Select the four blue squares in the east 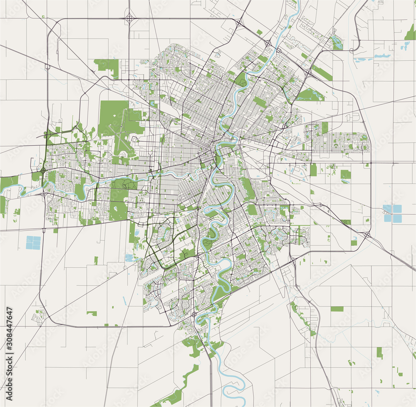(x=393, y=213)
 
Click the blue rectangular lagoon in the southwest (x=34, y=242)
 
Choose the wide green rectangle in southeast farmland (x=337, y=309)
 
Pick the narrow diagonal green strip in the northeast (x=322, y=72)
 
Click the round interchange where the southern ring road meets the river (x=194, y=314)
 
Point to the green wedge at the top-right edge (x=410, y=33)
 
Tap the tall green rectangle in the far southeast (x=379, y=353)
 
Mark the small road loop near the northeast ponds (x=352, y=50)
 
